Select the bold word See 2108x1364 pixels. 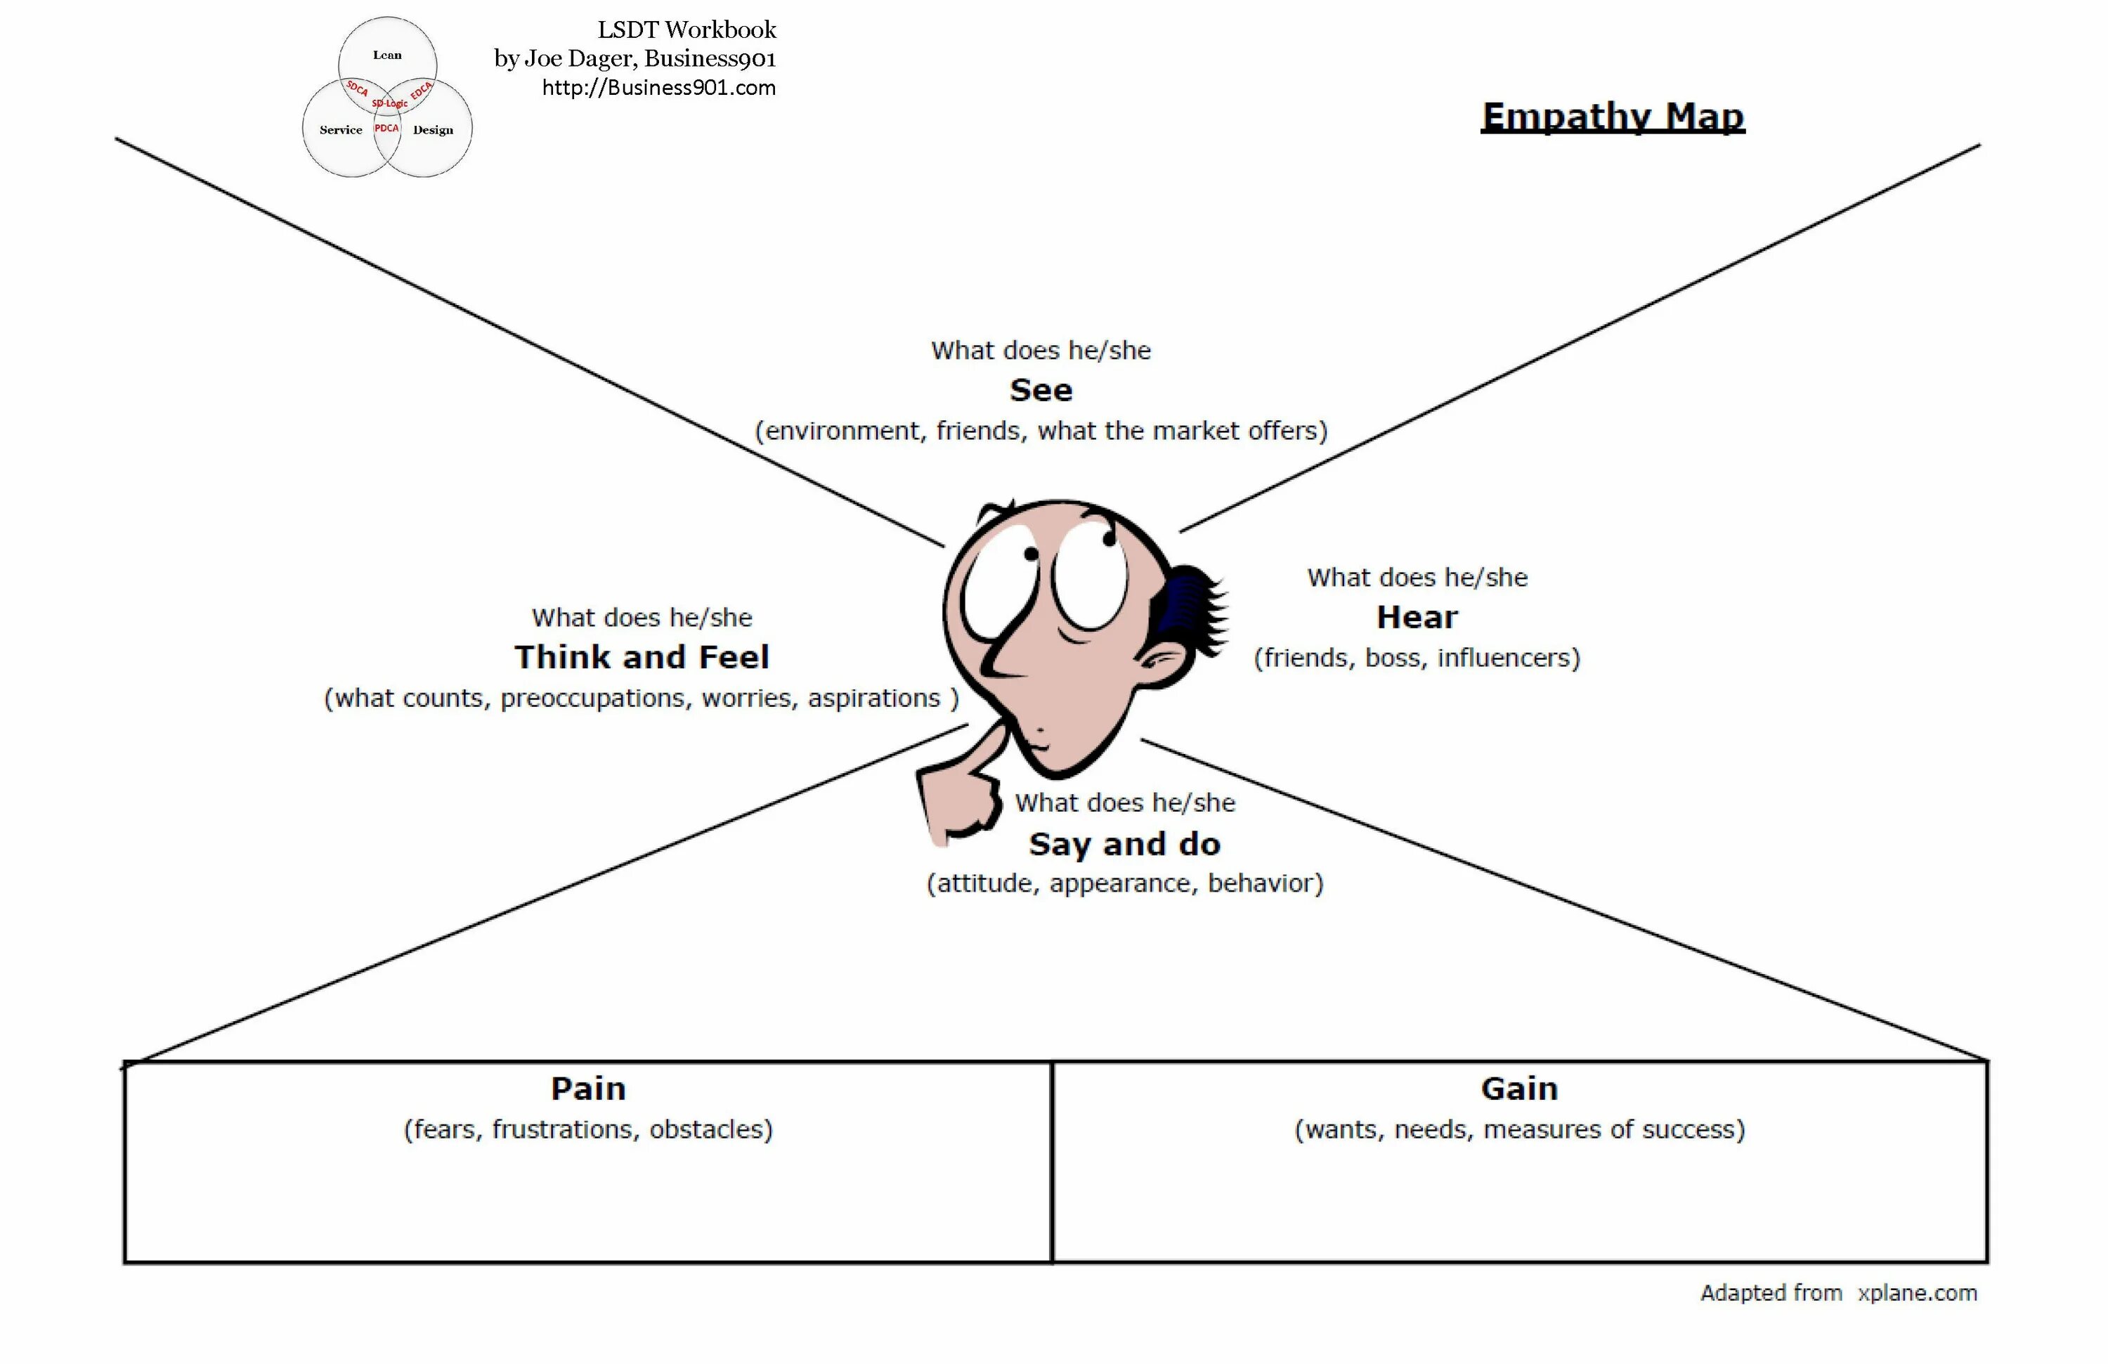pyautogui.click(x=1041, y=391)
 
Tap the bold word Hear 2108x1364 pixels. pyautogui.click(x=1417, y=617)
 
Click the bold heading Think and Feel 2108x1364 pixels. pyautogui.click(x=642, y=657)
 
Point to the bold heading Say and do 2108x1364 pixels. pyautogui.click(x=1124, y=844)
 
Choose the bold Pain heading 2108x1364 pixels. pyautogui.click(x=588, y=1089)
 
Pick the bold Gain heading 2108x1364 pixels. pyautogui.click(x=1519, y=1089)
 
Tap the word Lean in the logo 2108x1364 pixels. pyautogui.click(x=387, y=55)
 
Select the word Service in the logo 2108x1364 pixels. pyautogui.click(x=341, y=130)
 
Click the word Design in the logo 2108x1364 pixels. pyautogui.click(x=433, y=130)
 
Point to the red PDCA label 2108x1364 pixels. pyautogui.click(x=387, y=129)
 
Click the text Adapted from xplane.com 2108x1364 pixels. pyautogui.click(x=1838, y=1293)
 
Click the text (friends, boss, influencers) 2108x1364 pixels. pyautogui.click(x=1417, y=658)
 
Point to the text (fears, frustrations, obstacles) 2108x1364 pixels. pyautogui.click(x=588, y=1129)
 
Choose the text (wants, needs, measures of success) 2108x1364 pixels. pyautogui.click(x=1519, y=1129)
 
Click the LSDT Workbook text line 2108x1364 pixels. pyautogui.click(x=687, y=30)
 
